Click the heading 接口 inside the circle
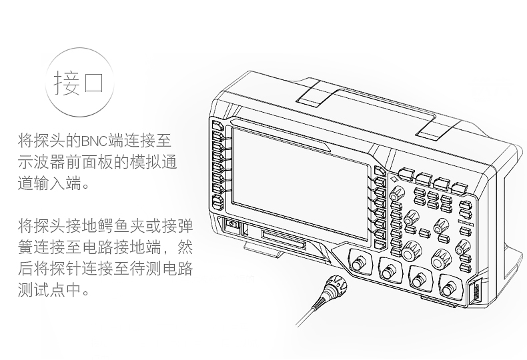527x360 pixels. click(x=79, y=83)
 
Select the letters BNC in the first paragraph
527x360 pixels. click(x=95, y=141)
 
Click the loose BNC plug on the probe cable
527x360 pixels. click(x=333, y=287)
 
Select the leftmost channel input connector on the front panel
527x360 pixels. click(x=360, y=263)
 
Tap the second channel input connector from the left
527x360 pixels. click(x=390, y=271)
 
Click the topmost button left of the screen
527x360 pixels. click(x=217, y=125)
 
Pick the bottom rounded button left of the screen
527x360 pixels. click(x=217, y=202)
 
